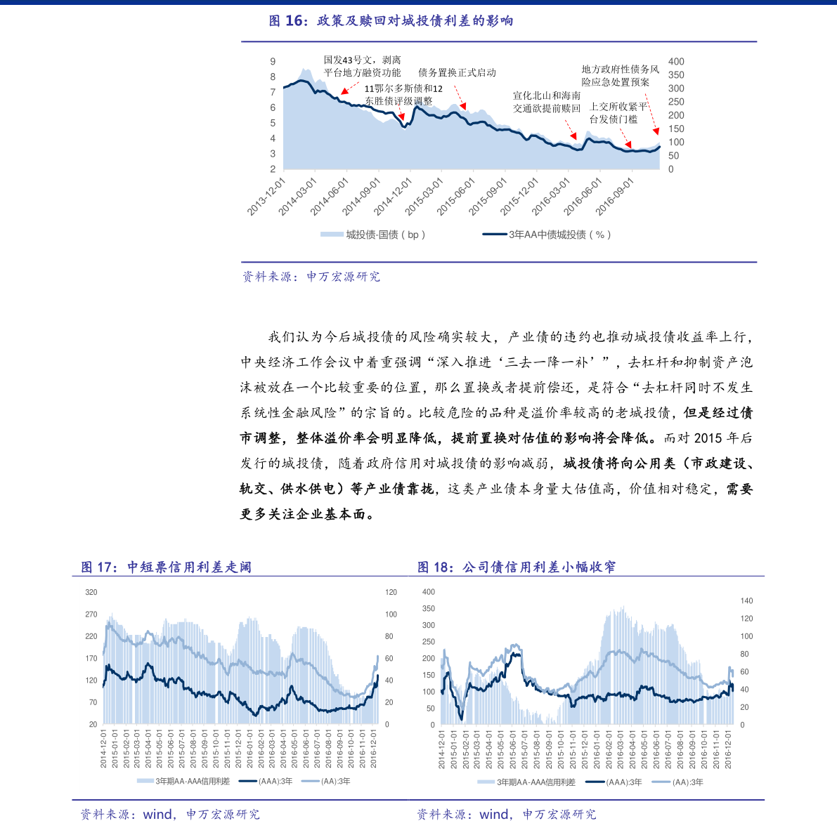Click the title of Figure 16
(391, 21)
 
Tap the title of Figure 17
(166, 567)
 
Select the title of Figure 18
(517, 567)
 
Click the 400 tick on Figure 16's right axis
(676, 62)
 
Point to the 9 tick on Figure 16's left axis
(273, 62)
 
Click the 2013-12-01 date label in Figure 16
(267, 196)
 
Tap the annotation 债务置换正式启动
(457, 72)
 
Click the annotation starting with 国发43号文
(362, 67)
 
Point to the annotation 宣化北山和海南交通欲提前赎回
(547, 102)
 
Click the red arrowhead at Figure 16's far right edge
(656, 131)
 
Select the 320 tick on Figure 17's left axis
(91, 593)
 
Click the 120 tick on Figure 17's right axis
(391, 593)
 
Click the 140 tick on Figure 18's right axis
(746, 601)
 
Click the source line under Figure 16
(311, 277)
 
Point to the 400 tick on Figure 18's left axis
(428, 592)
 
